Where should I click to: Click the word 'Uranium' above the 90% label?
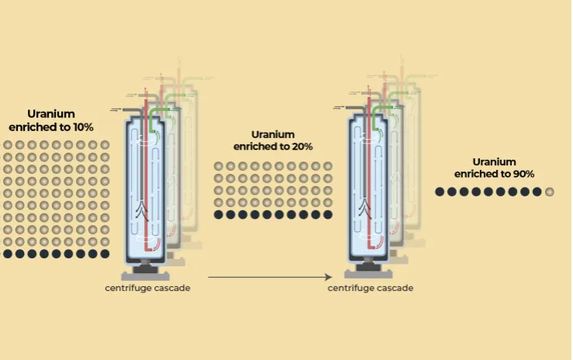pos(494,161)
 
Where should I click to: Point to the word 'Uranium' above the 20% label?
pos(273,134)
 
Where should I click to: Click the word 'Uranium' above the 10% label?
pos(51,114)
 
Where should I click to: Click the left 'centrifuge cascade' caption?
pos(147,288)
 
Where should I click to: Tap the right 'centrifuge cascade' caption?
pos(370,288)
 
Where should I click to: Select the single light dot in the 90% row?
pos(550,191)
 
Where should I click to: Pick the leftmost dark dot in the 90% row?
pos(440,191)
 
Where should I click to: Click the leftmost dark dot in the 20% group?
pos(219,215)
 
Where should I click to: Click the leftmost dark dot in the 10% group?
pos(8,254)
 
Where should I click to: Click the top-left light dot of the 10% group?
pos(8,145)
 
